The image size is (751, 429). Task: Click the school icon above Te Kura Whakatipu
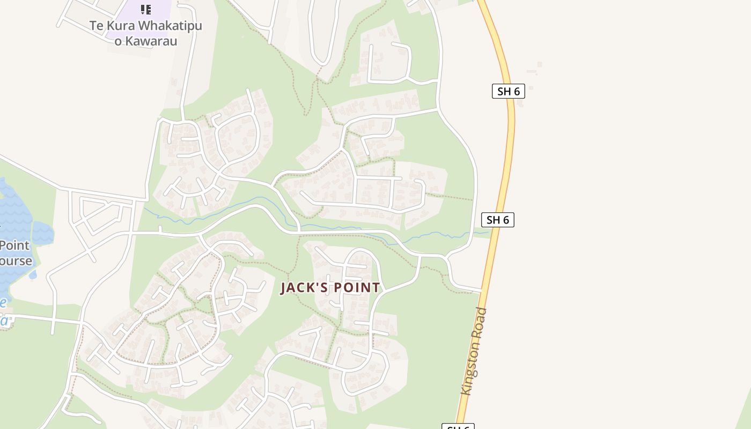pyautogui.click(x=145, y=10)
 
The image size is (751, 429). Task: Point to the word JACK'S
pyautogui.click(x=304, y=288)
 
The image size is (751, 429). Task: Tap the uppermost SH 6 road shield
pyautogui.click(x=508, y=91)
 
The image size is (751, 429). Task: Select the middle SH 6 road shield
pyautogui.click(x=497, y=220)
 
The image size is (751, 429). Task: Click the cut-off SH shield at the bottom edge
pyautogui.click(x=458, y=426)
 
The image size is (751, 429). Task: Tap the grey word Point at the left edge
pyautogui.click(x=14, y=246)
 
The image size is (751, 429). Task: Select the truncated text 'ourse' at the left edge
pyautogui.click(x=16, y=262)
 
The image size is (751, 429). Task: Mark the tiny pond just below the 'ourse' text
pyautogui.click(x=33, y=275)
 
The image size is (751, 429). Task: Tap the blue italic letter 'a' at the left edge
pyautogui.click(x=4, y=321)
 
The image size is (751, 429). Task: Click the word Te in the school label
pyautogui.click(x=96, y=26)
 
